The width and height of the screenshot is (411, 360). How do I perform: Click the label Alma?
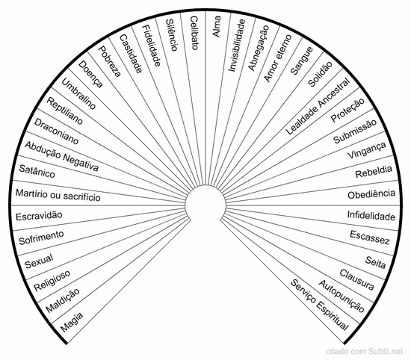click(217, 26)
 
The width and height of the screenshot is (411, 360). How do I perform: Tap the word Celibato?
click(194, 33)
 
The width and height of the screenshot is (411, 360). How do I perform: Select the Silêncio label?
click(172, 35)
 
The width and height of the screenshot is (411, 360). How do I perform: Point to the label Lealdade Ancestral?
click(318, 106)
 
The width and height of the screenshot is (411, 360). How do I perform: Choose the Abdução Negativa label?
click(61, 156)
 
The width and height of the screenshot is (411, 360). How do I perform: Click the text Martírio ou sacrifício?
click(58, 195)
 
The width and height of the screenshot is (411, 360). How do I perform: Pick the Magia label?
click(72, 322)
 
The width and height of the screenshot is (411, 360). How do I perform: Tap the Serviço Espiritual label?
click(320, 305)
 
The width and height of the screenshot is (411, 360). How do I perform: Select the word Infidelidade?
click(371, 216)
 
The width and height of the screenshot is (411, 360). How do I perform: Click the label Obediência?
click(371, 194)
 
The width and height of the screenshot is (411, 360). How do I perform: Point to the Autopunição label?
click(342, 296)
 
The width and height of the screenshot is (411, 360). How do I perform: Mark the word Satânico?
click(37, 172)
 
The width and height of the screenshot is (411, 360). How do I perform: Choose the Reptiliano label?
click(64, 111)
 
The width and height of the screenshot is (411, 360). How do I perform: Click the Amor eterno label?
click(277, 58)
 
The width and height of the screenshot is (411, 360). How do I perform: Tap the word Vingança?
click(366, 150)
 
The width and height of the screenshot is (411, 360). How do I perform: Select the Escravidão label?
click(39, 216)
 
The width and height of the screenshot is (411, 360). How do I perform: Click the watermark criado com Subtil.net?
click(364, 351)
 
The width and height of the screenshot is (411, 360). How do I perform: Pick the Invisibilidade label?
click(236, 45)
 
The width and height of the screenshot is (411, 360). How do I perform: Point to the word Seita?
click(376, 263)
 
